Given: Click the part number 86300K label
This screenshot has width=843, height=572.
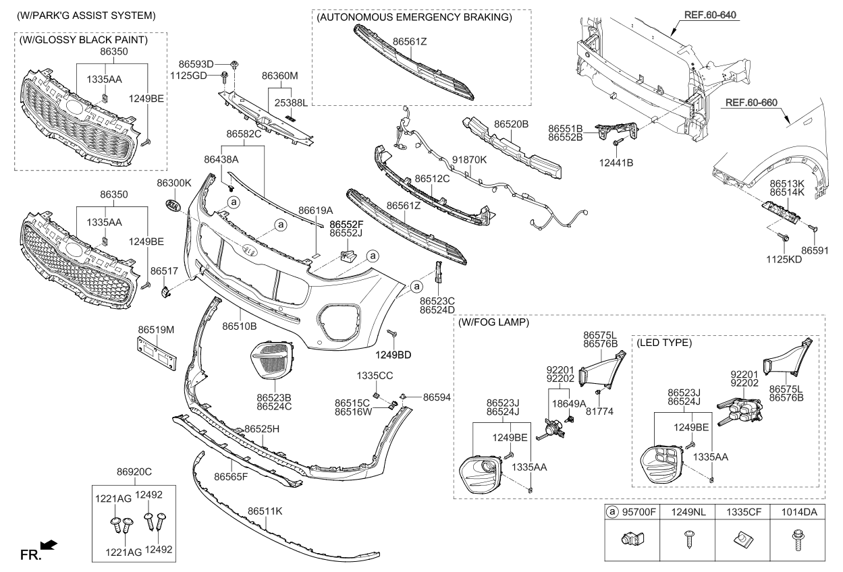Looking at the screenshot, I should (174, 183).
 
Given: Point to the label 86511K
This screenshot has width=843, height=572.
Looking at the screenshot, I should (265, 511).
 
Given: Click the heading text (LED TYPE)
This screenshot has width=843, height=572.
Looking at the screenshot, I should (664, 343).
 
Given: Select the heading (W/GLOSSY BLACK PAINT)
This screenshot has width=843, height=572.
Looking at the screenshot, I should (84, 40).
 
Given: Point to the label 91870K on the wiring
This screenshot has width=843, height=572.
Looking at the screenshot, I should (469, 160).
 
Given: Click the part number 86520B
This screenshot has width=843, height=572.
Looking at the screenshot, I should (511, 124).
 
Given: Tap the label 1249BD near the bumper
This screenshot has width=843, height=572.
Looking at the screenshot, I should (393, 353).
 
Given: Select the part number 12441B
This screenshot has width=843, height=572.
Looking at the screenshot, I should (616, 162).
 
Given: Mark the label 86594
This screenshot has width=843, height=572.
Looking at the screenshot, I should (436, 398).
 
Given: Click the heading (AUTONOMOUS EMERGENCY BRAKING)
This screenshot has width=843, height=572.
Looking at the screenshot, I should (414, 18).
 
